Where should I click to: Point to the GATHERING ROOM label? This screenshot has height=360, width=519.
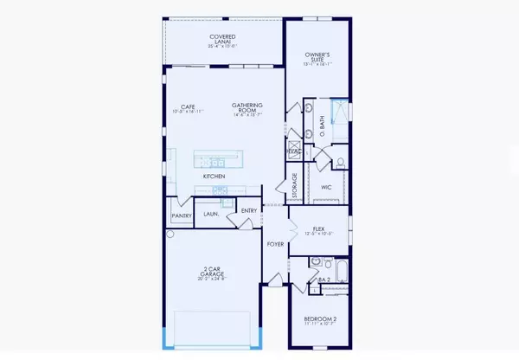[247, 107]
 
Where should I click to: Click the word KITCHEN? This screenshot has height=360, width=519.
[215, 177]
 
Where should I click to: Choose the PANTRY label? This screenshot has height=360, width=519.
[181, 215]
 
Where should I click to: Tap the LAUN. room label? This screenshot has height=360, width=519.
[210, 213]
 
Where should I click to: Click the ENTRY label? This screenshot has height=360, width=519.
[249, 211]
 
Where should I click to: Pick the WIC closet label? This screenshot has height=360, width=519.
[327, 186]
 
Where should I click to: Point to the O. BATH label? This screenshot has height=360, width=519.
[323, 126]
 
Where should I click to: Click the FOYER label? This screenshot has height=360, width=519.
[276, 245]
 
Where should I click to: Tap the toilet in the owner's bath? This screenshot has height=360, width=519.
[341, 161]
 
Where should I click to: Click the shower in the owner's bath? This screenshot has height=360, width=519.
[339, 111]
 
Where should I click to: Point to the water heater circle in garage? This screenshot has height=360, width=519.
[170, 234]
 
